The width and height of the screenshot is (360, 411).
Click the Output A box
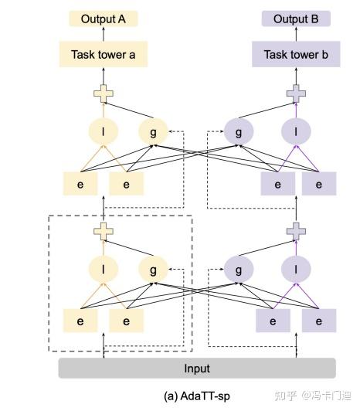pyautogui.click(x=103, y=19)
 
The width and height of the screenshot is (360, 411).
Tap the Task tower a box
pyautogui.click(x=103, y=54)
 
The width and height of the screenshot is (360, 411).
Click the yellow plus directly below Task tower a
pyautogui.click(x=103, y=94)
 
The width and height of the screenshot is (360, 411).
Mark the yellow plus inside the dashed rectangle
pyautogui.click(x=103, y=229)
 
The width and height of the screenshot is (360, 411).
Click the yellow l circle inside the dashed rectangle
pyautogui.click(x=103, y=270)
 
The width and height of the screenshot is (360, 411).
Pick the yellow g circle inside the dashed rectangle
pyautogui.click(x=154, y=270)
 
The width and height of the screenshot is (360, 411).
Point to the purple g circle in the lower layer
pyautogui.click(x=239, y=270)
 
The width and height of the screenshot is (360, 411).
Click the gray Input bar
pyautogui.click(x=197, y=369)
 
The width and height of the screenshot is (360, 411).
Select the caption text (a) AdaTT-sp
pyautogui.click(x=197, y=396)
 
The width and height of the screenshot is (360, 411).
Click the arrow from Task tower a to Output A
pyautogui.click(x=103, y=36)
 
